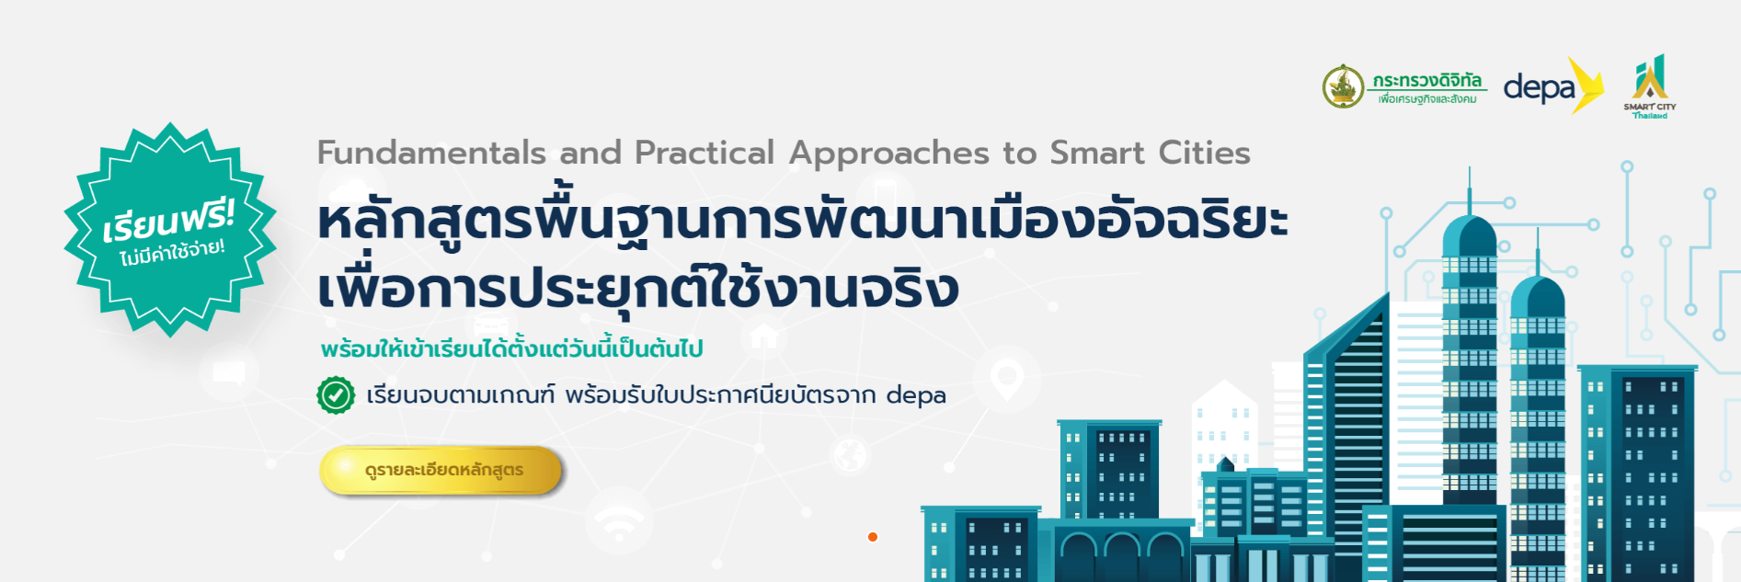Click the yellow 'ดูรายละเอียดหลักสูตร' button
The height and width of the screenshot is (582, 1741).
click(441, 470)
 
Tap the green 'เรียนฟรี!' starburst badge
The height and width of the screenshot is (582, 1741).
click(170, 230)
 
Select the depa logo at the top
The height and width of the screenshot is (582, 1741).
click(1553, 86)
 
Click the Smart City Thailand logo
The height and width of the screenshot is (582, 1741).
click(1650, 86)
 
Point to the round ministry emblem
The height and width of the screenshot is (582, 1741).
click(1344, 86)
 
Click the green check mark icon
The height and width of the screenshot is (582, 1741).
click(336, 395)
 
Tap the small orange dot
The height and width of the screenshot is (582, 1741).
click(873, 537)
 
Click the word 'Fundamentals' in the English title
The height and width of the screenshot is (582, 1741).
click(431, 153)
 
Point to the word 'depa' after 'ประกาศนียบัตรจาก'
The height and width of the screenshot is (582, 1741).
click(916, 395)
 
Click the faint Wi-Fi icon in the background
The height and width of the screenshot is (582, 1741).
click(619, 521)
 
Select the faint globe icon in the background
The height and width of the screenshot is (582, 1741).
click(850, 454)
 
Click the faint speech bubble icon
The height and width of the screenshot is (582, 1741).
click(229, 372)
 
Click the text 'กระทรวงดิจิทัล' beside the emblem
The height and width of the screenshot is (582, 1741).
click(1426, 80)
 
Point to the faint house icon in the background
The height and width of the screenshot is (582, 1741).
click(763, 337)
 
